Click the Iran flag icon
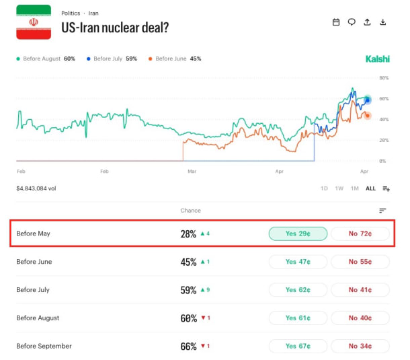[34, 22]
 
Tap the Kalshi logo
[377, 59]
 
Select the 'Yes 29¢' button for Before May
[298, 233]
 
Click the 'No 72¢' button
[360, 233]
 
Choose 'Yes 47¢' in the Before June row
[298, 262]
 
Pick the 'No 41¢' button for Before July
[360, 289]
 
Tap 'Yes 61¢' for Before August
[298, 318]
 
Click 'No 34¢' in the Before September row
[360, 346]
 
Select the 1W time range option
[339, 188]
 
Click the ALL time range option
[370, 188]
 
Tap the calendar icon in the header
[336, 22]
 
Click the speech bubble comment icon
[352, 22]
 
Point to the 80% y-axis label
[384, 78]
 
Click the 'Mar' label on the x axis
[192, 171]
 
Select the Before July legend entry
[112, 59]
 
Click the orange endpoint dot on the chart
[368, 116]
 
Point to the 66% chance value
[188, 347]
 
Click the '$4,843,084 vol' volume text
[36, 188]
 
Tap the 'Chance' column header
[191, 211]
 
